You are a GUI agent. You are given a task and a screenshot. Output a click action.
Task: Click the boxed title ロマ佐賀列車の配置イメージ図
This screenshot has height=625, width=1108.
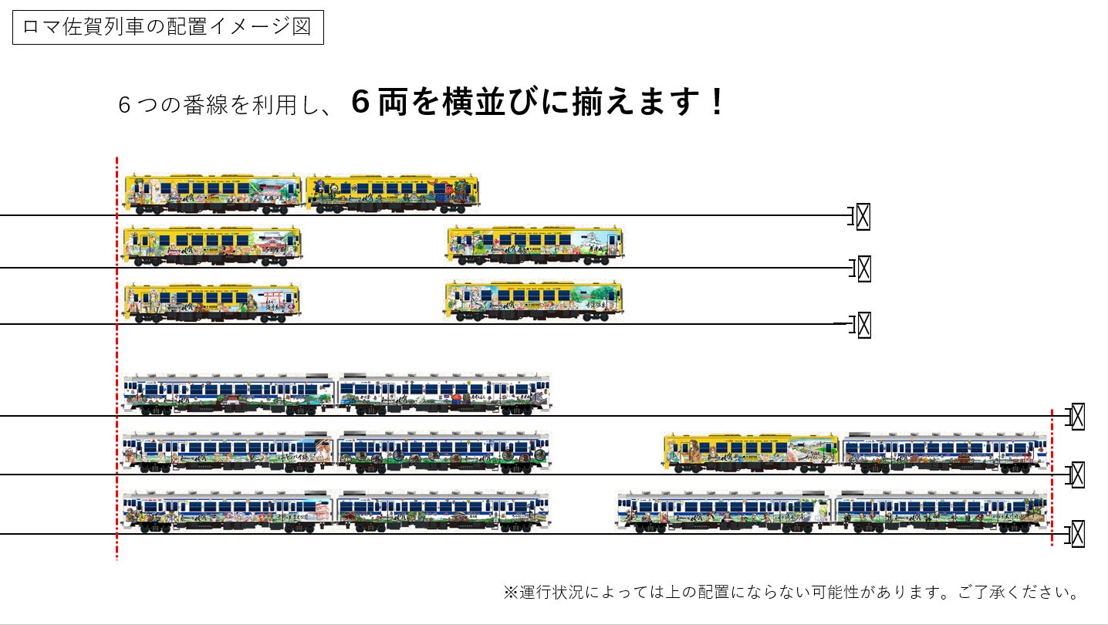[167, 27]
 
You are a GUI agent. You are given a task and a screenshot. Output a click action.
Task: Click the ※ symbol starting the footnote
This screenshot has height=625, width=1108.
[511, 593]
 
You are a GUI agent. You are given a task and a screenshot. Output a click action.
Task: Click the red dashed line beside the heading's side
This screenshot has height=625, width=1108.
[117, 355]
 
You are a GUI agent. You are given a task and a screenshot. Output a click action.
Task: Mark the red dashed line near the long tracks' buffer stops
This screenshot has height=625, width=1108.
[1052, 478]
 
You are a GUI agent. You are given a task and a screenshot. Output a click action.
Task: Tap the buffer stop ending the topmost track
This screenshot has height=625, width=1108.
[862, 217]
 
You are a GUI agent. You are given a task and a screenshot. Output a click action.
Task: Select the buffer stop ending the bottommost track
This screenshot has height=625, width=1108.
[1077, 533]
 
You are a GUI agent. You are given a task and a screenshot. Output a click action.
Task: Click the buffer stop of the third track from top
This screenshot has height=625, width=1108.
[863, 325]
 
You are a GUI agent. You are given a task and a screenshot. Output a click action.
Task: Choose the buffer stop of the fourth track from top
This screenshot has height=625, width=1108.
[1077, 416]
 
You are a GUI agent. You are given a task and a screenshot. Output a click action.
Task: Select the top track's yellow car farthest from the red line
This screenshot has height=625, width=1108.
[392, 193]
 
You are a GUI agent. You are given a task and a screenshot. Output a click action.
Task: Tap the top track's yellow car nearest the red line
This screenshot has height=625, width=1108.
[213, 193]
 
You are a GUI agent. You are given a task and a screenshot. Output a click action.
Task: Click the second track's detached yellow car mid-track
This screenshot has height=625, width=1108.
[535, 245]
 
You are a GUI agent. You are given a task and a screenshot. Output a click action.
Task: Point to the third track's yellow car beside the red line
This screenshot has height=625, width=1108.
[211, 301]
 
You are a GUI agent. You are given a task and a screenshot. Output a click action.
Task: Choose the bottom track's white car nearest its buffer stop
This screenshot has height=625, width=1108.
[941, 511]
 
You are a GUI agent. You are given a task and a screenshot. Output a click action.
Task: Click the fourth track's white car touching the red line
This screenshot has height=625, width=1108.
[228, 394]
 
